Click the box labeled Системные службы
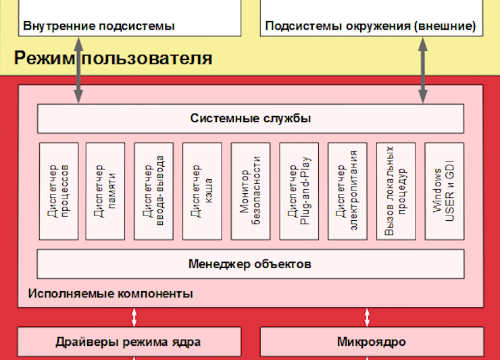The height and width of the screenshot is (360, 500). [250, 119]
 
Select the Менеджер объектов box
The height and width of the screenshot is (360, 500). [250, 263]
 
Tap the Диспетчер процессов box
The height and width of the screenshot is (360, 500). [59, 190]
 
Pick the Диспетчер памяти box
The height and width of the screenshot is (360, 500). [105, 190]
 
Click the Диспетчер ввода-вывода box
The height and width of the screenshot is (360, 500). [154, 190]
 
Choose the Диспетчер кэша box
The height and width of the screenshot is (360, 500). [202, 190]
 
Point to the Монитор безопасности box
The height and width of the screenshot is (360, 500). [251, 190]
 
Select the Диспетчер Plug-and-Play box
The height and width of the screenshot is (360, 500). [299, 190]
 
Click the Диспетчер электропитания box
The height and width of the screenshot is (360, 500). [347, 190]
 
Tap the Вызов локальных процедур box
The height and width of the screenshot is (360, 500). [396, 190]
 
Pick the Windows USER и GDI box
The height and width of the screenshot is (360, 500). [444, 190]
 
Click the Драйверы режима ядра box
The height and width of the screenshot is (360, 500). [128, 342]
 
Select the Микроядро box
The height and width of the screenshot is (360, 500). [371, 342]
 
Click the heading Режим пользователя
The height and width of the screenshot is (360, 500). [113, 58]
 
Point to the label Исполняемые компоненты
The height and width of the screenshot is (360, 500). [111, 294]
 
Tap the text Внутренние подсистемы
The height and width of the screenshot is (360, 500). [99, 26]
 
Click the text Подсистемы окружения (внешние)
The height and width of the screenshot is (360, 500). [370, 26]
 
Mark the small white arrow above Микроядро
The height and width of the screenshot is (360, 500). [368, 317]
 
